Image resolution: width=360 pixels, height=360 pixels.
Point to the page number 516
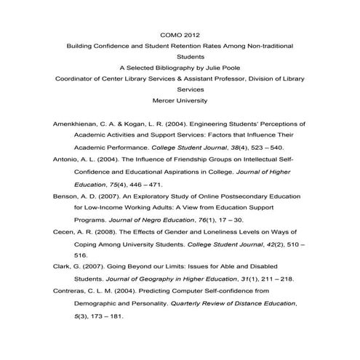pos(80,256)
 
